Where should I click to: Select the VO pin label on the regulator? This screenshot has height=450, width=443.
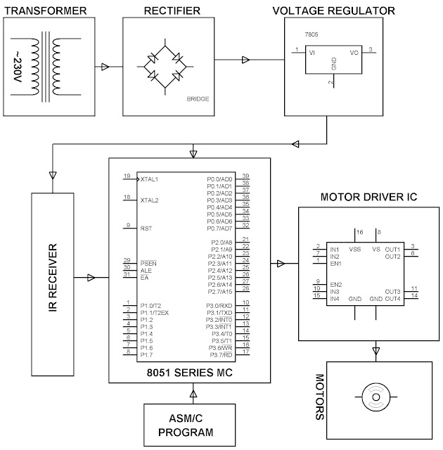(354, 51)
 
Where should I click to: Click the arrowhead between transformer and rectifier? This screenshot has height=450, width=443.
(105, 67)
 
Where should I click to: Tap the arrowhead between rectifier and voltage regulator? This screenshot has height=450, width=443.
(245, 59)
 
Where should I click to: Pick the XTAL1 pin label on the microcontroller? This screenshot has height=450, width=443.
(150, 179)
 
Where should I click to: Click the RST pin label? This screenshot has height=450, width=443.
(146, 229)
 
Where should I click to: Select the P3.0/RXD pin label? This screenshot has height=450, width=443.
(219, 305)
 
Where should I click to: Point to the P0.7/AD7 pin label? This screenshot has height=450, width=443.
(219, 229)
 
